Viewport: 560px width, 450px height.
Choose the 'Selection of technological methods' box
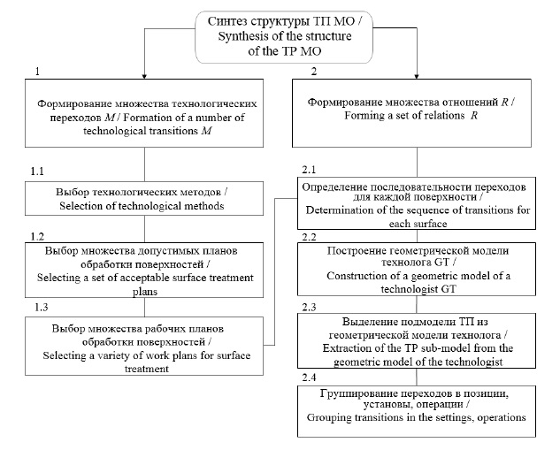[x=145, y=200]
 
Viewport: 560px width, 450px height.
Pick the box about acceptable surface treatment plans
[x=145, y=270]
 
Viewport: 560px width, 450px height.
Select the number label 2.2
[x=310, y=239]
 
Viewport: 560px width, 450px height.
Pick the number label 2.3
[x=310, y=306]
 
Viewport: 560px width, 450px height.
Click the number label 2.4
[x=310, y=377]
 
